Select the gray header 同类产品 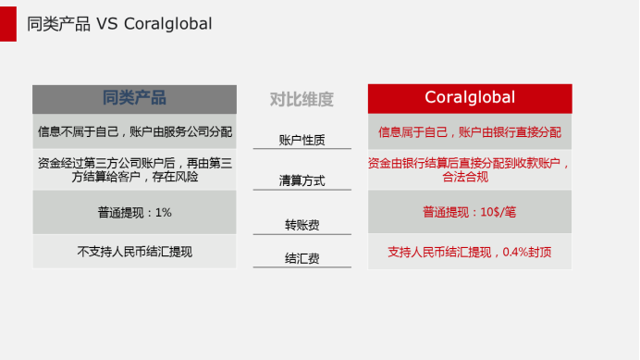click(134, 98)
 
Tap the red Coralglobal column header click(470, 98)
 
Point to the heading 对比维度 click(302, 99)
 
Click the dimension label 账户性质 click(302, 140)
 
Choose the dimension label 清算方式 click(302, 180)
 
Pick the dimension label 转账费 click(302, 225)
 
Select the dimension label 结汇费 click(302, 259)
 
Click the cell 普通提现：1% click(134, 212)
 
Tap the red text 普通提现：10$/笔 click(470, 212)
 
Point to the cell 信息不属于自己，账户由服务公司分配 click(134, 131)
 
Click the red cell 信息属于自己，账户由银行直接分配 click(470, 131)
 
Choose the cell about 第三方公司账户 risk click(134, 169)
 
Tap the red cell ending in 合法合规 click(470, 169)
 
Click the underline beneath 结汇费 click(302, 267)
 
